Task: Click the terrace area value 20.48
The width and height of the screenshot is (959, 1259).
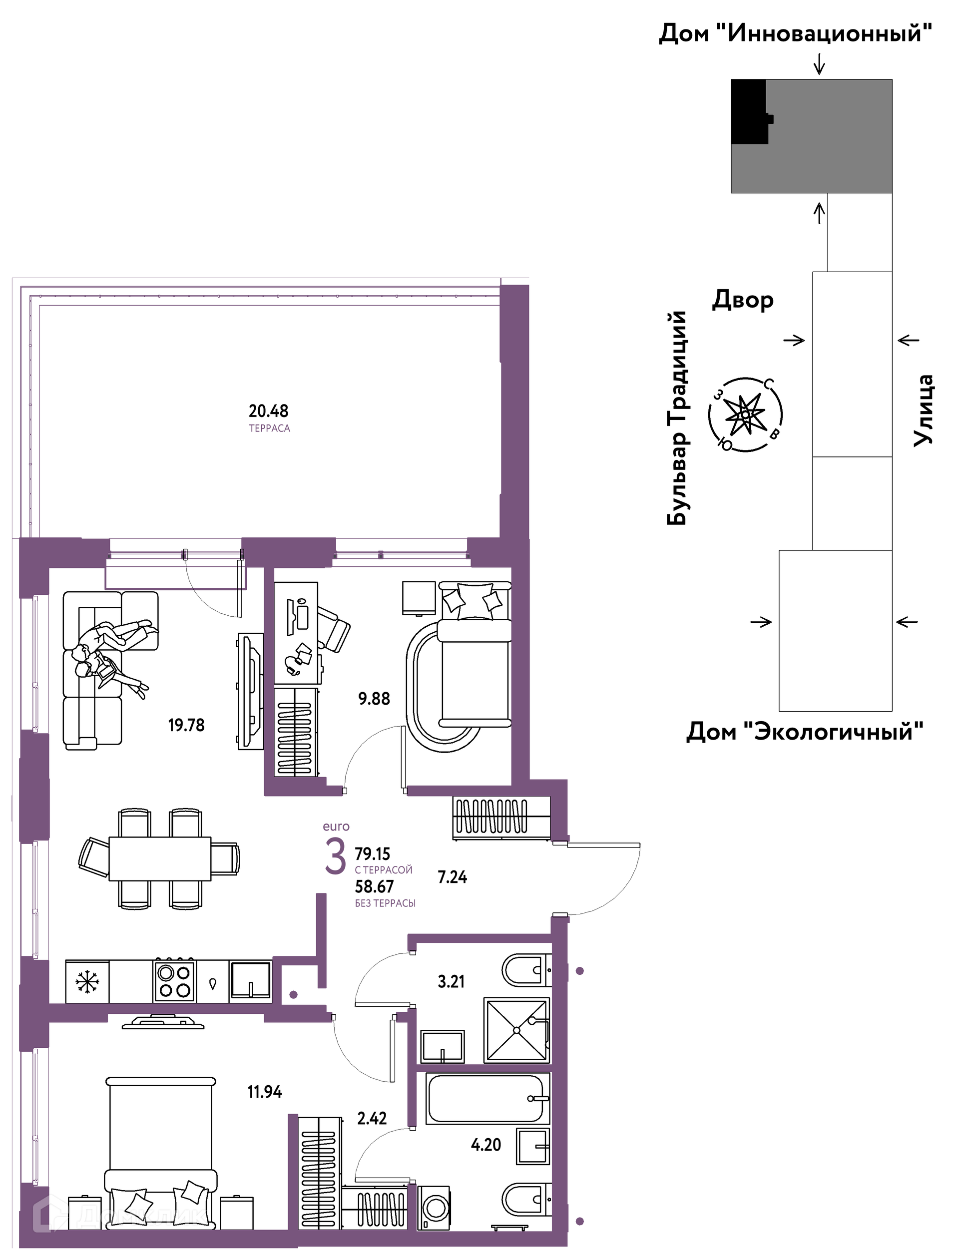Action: (268, 411)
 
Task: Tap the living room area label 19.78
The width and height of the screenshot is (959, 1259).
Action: (186, 725)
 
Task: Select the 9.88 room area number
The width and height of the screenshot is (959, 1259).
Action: (374, 699)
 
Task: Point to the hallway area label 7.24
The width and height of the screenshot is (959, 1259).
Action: (452, 877)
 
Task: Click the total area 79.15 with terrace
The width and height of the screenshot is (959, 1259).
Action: (372, 854)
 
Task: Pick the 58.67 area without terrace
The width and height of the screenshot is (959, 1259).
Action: (374, 887)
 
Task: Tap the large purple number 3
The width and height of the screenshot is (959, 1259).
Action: (335, 856)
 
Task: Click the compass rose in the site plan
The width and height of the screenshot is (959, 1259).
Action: (745, 415)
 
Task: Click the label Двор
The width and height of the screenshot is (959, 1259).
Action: (743, 300)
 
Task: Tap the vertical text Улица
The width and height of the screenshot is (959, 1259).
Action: (923, 411)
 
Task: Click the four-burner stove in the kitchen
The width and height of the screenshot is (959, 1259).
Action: (174, 981)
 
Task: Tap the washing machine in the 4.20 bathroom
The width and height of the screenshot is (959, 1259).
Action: (434, 1207)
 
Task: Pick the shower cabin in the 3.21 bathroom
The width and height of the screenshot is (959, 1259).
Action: (516, 1031)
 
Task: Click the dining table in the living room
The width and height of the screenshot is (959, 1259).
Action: (160, 859)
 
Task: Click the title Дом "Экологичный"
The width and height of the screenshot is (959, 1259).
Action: (805, 732)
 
